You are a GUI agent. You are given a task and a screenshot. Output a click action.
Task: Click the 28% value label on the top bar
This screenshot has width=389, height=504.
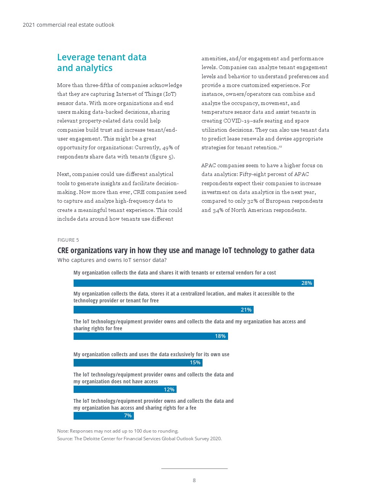coord(307,283)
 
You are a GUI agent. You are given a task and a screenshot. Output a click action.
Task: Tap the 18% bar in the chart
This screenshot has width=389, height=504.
coord(150,336)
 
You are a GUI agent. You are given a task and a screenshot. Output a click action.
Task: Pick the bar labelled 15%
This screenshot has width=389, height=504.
coord(138,362)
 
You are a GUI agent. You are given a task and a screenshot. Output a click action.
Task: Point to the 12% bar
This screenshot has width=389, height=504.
coord(125,389)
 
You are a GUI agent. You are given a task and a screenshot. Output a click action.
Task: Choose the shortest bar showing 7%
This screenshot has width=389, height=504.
coord(103,415)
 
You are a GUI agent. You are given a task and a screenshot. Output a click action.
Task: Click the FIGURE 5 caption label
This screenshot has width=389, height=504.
coord(68,240)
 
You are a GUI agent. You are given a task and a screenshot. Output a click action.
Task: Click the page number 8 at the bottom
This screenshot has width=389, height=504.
coord(194,480)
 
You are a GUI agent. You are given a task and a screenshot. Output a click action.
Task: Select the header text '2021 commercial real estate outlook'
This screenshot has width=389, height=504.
coord(68,25)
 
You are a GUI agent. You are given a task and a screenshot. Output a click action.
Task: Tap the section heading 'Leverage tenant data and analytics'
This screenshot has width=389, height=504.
coord(102,63)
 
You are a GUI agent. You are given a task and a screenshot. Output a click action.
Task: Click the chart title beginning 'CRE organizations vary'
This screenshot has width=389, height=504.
coord(186,250)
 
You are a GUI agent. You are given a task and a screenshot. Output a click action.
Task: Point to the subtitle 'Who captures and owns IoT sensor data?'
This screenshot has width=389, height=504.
coord(112,260)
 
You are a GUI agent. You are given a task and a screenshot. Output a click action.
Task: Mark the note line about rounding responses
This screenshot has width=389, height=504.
coord(118,431)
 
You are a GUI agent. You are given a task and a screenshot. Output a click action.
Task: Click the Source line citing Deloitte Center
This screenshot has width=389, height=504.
coord(139,439)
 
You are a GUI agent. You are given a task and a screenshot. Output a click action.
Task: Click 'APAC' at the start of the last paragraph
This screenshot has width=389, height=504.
coord(208,165)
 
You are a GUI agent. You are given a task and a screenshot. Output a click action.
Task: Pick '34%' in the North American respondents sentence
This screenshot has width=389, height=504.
coord(218,210)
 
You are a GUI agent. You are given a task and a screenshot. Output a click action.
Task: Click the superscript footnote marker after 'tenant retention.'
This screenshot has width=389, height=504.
coord(280,146)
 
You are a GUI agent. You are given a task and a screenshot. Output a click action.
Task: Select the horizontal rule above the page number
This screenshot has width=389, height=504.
coord(194,468)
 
